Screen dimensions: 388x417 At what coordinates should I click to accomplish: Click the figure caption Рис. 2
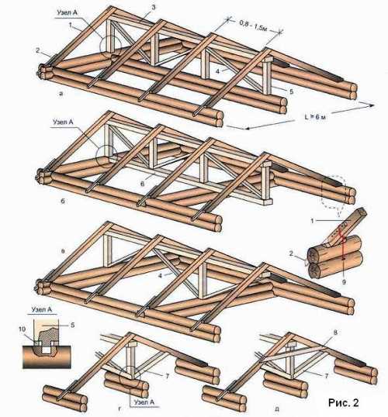click(344, 402)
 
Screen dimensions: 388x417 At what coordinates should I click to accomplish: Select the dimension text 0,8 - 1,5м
click(253, 26)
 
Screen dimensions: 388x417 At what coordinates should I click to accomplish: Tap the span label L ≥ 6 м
click(315, 117)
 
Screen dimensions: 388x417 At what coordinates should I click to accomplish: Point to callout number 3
click(153, 7)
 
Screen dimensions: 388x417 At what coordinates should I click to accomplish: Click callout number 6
click(143, 184)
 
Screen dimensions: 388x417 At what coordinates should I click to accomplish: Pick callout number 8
click(335, 333)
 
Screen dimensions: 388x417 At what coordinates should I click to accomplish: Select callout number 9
click(344, 282)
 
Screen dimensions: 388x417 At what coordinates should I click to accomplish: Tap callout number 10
click(22, 329)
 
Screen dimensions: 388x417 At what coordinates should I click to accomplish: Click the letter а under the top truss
click(61, 93)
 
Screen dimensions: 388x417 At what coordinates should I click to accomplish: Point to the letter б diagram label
click(63, 201)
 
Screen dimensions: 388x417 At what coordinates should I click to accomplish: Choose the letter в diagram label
click(63, 251)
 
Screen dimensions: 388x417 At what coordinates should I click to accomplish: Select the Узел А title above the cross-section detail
click(42, 309)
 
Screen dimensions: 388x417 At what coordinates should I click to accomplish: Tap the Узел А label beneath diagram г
click(144, 402)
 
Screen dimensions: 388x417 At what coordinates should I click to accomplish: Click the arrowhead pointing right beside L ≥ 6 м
click(372, 105)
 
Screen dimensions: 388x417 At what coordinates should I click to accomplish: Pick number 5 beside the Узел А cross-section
click(72, 325)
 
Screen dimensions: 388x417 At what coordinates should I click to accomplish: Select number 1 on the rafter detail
click(314, 220)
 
